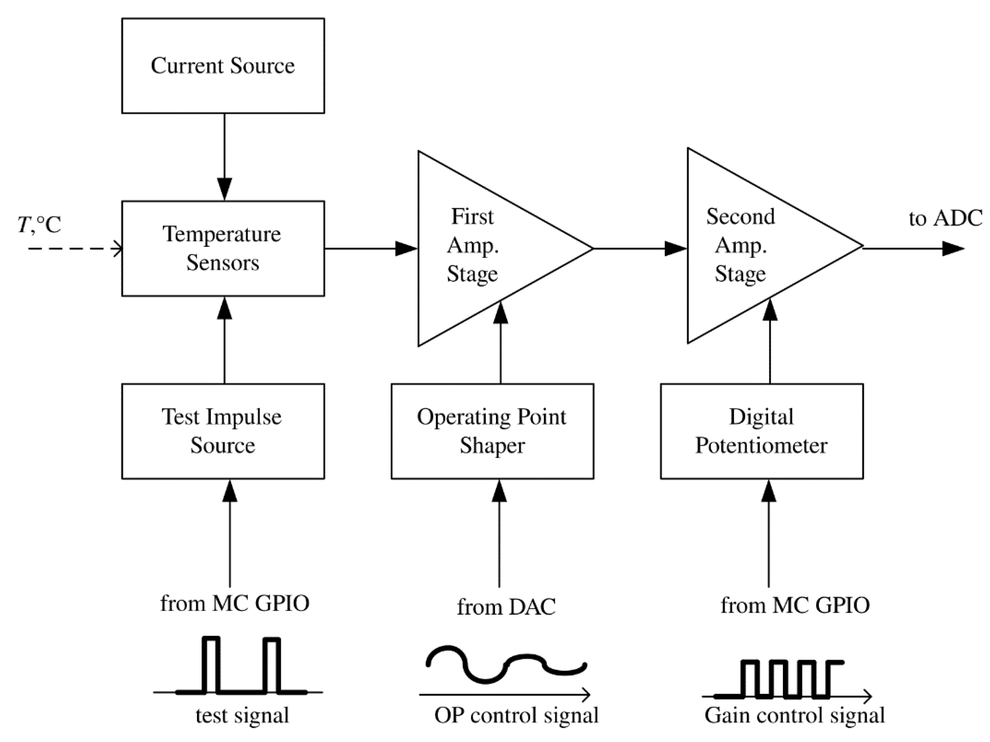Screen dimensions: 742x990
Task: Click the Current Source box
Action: pyautogui.click(x=223, y=66)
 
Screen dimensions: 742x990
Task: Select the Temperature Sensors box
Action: pyautogui.click(x=223, y=248)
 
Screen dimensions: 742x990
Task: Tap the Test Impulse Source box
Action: pyautogui.click(x=223, y=431)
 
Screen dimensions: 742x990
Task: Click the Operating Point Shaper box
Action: pyautogui.click(x=492, y=431)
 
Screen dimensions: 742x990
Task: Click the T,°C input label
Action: pyautogui.click(x=39, y=224)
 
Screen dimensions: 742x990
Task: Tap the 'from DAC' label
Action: pyautogui.click(x=506, y=607)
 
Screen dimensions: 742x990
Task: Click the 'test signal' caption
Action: pyautogui.click(x=242, y=715)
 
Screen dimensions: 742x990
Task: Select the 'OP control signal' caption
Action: pyautogui.click(x=516, y=715)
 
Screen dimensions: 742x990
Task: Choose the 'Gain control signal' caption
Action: pyautogui.click(x=794, y=715)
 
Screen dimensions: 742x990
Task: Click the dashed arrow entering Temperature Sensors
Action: pyautogui.click(x=74, y=248)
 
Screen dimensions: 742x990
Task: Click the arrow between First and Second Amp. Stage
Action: pyautogui.click(x=640, y=248)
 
